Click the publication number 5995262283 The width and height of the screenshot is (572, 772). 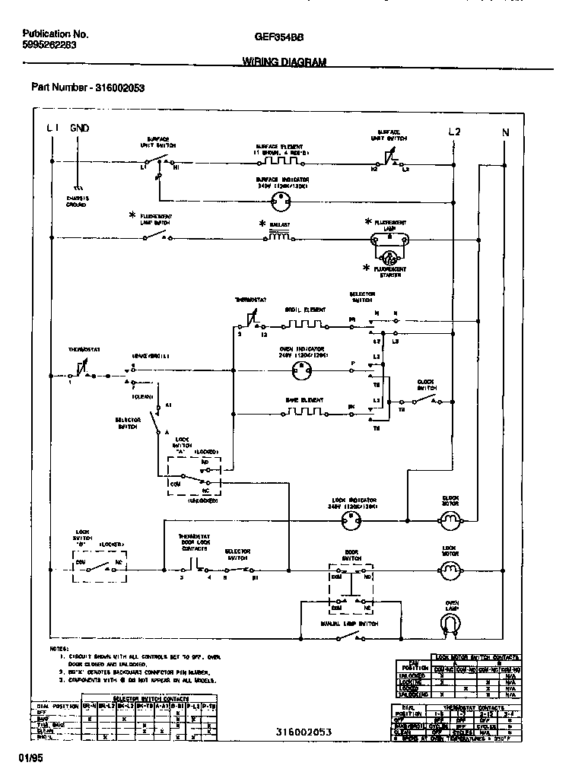click(49, 46)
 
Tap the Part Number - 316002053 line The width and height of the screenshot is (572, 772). click(87, 87)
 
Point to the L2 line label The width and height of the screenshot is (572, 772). click(454, 131)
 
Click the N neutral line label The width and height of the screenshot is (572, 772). click(505, 132)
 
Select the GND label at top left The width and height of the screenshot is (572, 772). click(80, 129)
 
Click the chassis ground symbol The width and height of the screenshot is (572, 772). click(76, 187)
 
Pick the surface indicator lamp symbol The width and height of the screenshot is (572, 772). click(282, 199)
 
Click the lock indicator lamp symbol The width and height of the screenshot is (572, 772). click(351, 520)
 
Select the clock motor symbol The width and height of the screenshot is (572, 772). click(451, 520)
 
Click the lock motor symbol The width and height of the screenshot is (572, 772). click(451, 568)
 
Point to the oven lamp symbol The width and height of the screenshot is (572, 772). click(451, 623)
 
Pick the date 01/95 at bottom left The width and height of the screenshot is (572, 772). click(30, 758)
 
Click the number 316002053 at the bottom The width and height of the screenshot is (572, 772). click(305, 730)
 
